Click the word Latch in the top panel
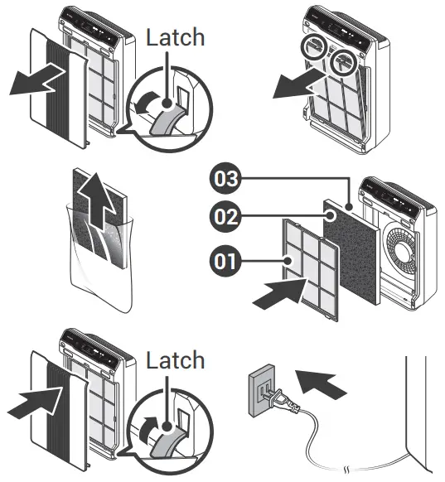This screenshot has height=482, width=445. pyautogui.click(x=175, y=37)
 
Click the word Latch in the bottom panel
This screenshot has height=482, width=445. pyautogui.click(x=175, y=360)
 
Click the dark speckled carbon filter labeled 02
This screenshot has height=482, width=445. pyautogui.click(x=352, y=248)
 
